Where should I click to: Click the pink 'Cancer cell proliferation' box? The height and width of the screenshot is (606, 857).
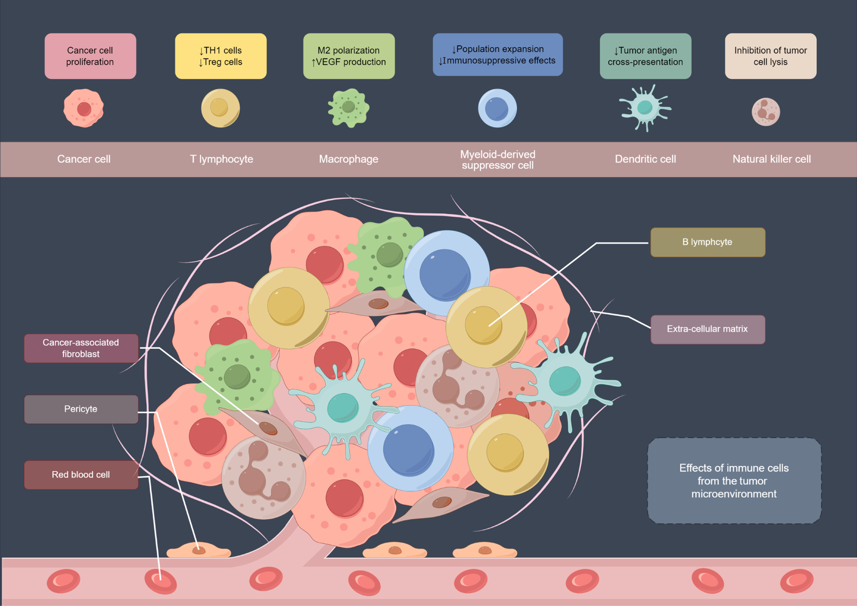tap(90, 56)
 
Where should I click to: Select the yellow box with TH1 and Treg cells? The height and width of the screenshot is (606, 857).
tap(221, 56)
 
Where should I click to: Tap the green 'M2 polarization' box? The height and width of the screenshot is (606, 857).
tap(349, 56)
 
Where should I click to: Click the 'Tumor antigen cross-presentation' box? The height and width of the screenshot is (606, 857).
tap(645, 56)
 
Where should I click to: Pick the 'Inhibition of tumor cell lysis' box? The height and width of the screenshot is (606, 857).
tap(770, 56)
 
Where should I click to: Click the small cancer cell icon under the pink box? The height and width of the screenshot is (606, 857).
tap(84, 108)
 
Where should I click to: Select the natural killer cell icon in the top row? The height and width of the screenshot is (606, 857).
tap(765, 112)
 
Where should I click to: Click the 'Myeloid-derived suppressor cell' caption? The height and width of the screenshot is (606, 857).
tap(498, 160)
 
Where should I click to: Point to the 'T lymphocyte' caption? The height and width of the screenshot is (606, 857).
tap(221, 159)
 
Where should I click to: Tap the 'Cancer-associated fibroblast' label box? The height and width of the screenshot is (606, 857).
tap(81, 348)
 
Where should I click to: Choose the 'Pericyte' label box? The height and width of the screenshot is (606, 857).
tap(81, 409)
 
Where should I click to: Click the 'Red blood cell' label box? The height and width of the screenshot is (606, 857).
tap(81, 475)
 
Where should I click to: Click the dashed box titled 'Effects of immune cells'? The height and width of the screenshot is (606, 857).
tap(734, 480)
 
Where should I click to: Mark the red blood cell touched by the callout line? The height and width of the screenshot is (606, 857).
tap(160, 581)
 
